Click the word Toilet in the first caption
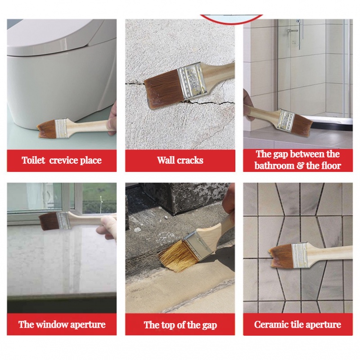pyautogui.click(x=33, y=160)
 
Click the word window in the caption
pyautogui.click(x=52, y=324)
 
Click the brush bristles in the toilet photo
pyautogui.click(x=46, y=130)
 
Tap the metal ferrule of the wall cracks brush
pyautogui.click(x=192, y=81)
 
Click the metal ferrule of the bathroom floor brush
pyautogui.click(x=286, y=120)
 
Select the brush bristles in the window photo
pyautogui.click(x=49, y=221)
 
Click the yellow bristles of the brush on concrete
pyautogui.click(x=178, y=255)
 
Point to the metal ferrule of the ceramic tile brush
pyautogui.click(x=299, y=255)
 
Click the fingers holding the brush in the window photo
pyautogui.click(x=107, y=228)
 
